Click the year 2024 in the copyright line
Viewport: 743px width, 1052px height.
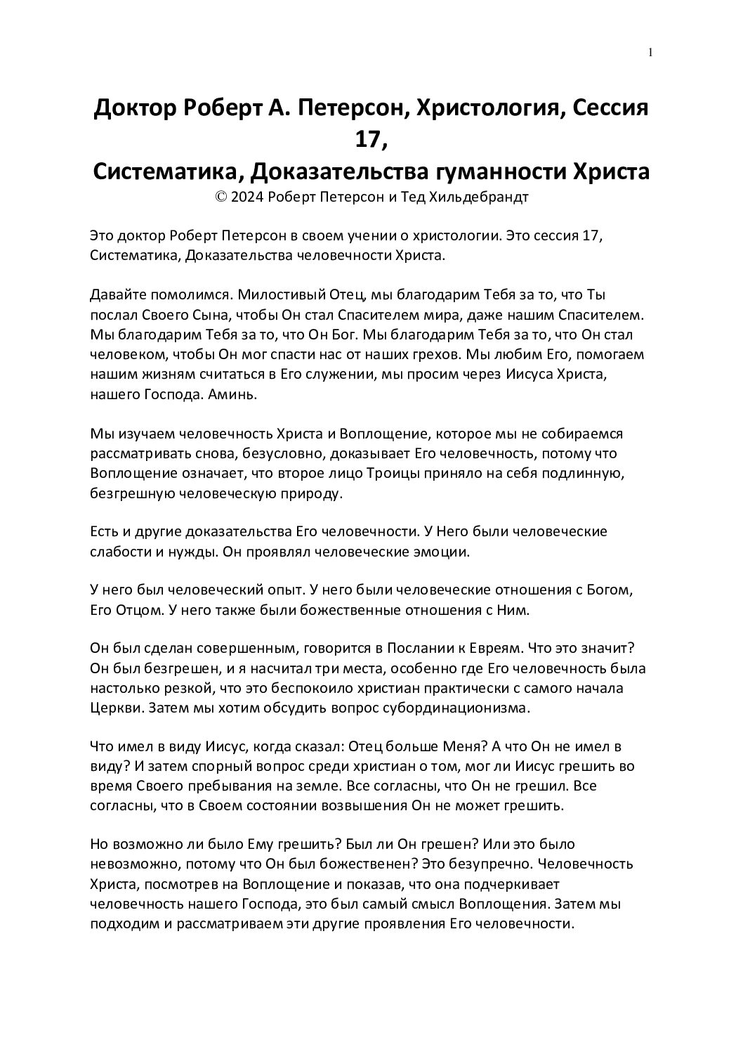[x=247, y=197]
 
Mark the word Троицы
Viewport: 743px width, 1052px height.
[x=396, y=473]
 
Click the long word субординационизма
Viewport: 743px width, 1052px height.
[x=454, y=707]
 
